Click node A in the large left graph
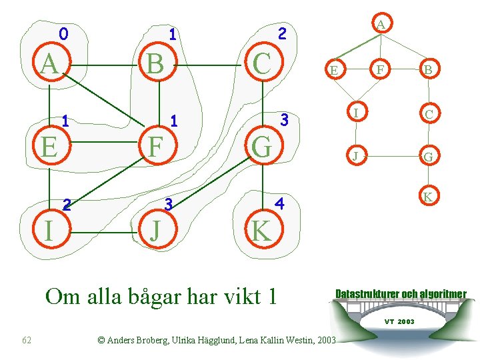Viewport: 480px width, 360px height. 49,64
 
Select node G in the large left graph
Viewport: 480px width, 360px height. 263,146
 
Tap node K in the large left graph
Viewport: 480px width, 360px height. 261,230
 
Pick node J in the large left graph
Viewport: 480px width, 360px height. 156,230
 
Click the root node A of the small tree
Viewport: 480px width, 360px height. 380,24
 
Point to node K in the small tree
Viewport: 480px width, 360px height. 429,197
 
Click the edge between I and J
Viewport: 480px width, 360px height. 102,232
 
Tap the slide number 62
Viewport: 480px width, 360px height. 27,341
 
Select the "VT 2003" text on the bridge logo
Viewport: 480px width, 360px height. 399,321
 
